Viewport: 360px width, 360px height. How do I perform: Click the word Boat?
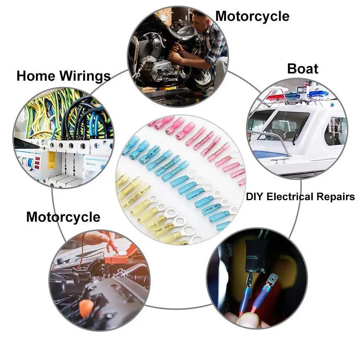[302, 68]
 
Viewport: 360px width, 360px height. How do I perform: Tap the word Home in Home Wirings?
[36, 76]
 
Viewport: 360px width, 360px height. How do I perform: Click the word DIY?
[255, 197]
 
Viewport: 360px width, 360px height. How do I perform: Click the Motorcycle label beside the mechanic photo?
[252, 16]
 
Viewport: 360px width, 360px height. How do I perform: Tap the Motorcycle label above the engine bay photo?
[63, 217]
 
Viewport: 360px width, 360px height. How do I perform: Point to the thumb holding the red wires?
[247, 320]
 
